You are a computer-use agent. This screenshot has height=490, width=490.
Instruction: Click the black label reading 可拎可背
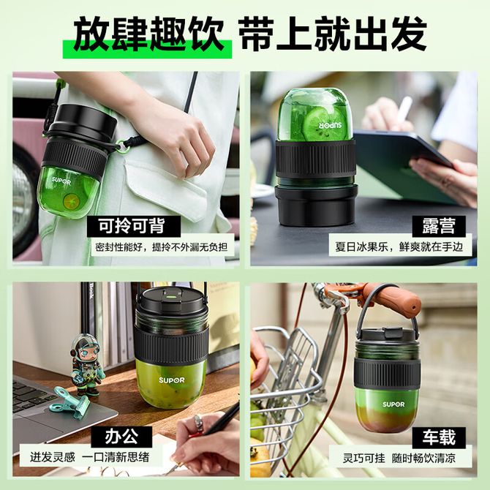point(133,226)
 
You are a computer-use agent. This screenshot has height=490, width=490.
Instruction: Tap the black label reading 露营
point(439,226)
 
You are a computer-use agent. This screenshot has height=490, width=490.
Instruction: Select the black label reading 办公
point(121,437)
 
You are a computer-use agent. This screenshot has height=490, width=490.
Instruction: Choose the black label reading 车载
point(439,437)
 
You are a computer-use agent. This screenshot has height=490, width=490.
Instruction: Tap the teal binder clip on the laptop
point(69,402)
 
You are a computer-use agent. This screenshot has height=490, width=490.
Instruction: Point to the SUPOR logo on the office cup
point(172,380)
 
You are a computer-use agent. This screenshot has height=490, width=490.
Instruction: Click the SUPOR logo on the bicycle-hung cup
point(393,404)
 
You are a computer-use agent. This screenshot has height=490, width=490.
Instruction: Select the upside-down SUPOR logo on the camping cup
point(331,126)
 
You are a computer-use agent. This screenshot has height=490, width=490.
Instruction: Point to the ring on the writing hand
point(199,423)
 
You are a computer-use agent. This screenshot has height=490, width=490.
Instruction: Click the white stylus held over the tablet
point(403,112)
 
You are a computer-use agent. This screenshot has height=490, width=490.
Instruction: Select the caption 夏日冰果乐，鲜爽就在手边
point(399,246)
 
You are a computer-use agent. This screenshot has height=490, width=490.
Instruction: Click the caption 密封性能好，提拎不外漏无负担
point(161,247)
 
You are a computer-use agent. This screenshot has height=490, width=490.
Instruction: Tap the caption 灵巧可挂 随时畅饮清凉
point(399,458)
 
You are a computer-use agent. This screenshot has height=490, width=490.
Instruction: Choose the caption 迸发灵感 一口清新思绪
point(90,457)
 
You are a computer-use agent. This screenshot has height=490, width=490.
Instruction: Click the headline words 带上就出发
point(333,34)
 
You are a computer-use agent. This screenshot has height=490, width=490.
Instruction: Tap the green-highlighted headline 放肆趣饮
point(148,34)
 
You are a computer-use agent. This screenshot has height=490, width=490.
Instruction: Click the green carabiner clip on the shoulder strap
point(121,146)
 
